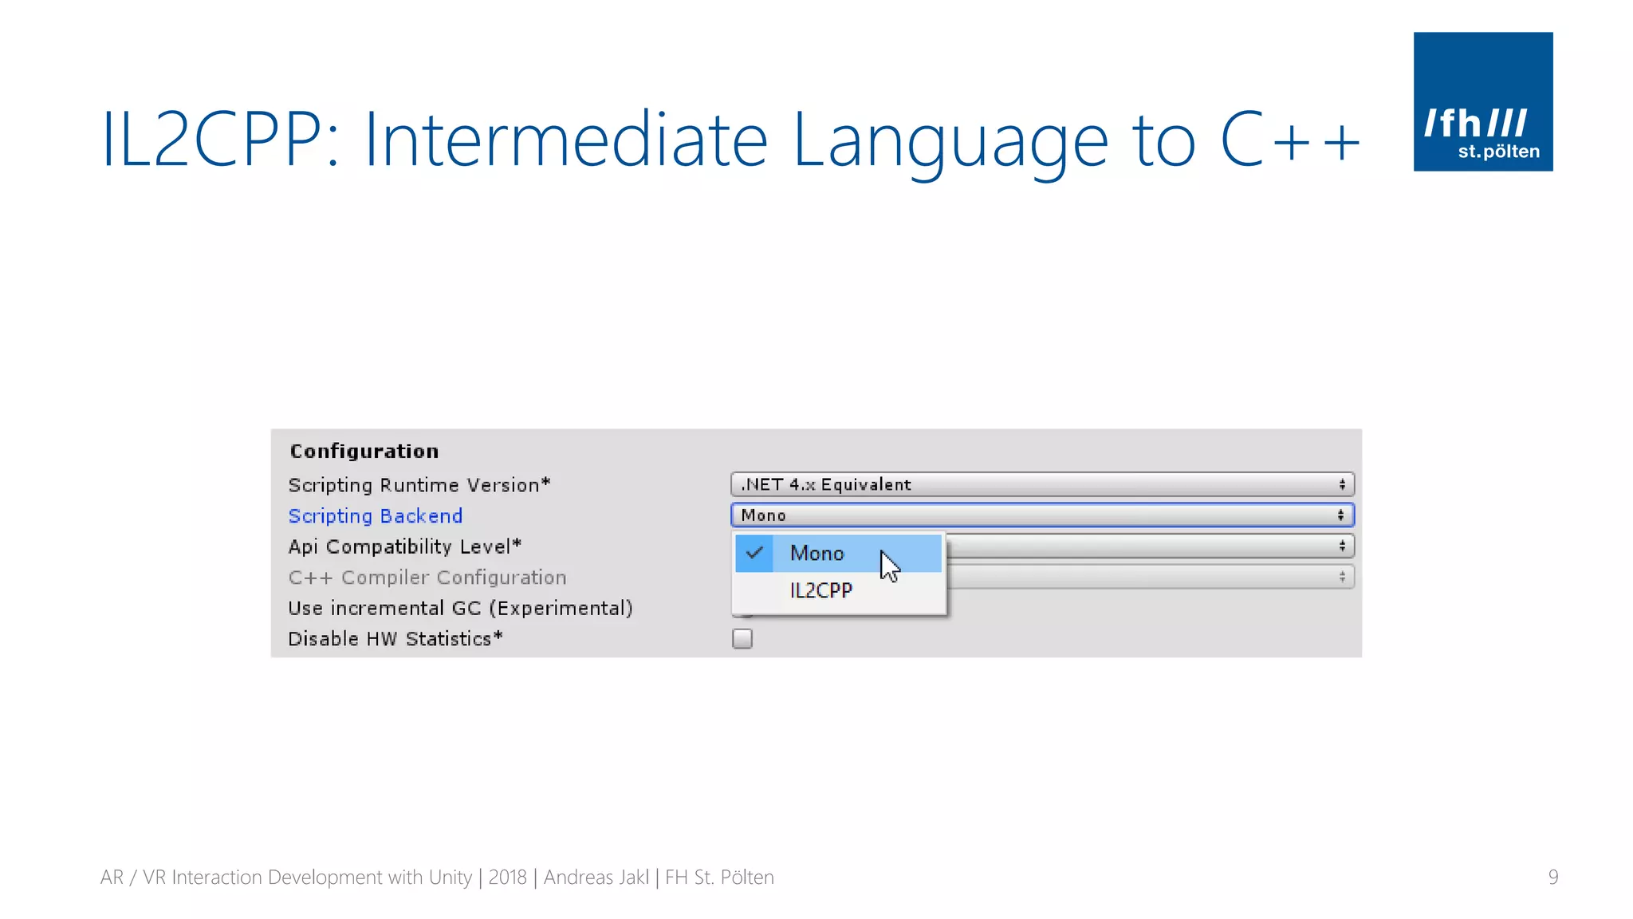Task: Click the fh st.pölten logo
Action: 1482,101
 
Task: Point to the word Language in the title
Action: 950,140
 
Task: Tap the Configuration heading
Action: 364,452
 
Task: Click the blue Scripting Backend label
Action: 376,516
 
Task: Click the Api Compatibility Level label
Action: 404,546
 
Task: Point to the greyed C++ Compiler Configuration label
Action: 427,578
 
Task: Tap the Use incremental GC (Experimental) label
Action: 460,608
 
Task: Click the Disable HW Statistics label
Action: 395,639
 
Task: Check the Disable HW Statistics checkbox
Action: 742,639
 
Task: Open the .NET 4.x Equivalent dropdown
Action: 1041,485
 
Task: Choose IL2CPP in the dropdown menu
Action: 821,590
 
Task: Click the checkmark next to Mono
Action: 754,553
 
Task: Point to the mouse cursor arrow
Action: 888,565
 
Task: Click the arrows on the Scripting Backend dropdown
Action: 1341,515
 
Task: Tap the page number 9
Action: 1552,878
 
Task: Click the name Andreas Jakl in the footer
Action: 596,878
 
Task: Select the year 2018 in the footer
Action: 507,878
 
